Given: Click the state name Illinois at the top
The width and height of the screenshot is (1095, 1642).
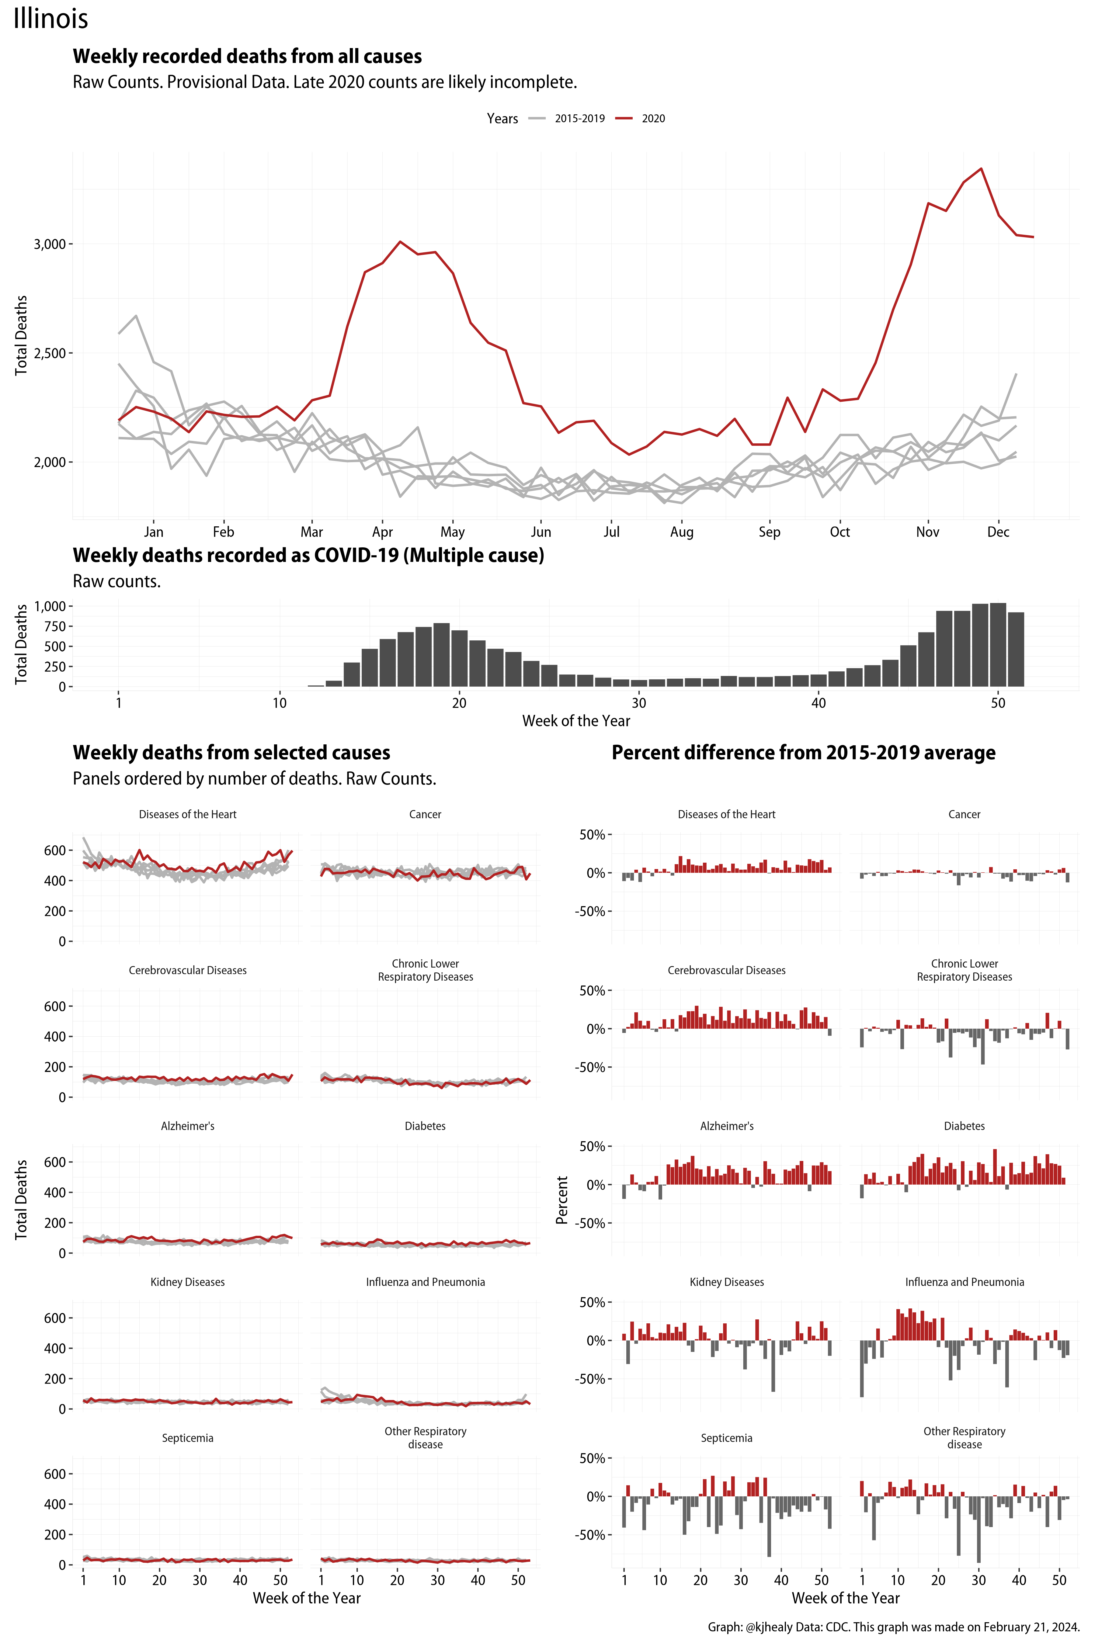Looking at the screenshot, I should [51, 19].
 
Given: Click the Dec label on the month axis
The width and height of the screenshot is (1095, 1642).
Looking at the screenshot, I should [998, 532].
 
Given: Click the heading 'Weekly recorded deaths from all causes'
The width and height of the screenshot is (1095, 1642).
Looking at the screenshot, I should [247, 57].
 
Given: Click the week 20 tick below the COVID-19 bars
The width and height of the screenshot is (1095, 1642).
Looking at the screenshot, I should [459, 703].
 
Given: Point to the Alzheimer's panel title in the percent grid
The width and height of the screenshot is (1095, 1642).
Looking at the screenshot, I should [726, 1126].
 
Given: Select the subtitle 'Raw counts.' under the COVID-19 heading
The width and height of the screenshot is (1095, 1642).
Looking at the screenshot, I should [116, 581].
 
